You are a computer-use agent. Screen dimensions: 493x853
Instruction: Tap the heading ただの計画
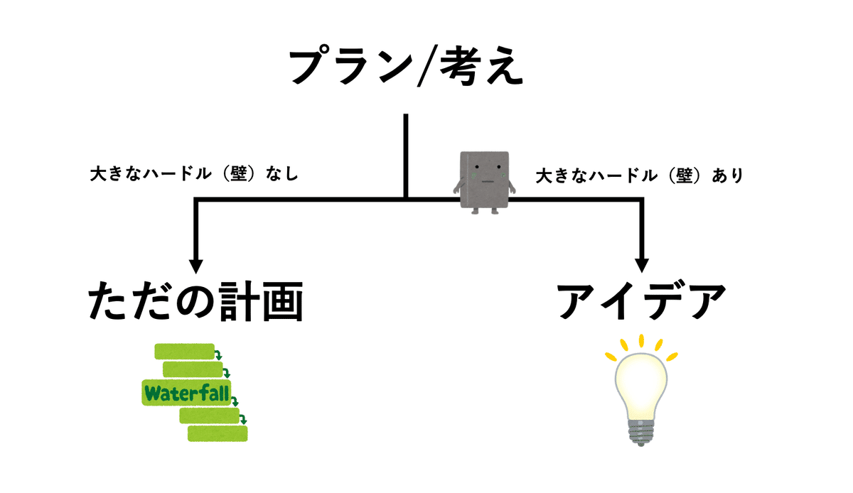tap(196, 303)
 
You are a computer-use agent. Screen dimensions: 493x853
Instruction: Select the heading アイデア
tap(641, 303)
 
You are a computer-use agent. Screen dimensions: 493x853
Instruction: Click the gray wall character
tap(484, 180)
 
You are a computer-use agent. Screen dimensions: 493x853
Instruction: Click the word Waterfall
tap(188, 392)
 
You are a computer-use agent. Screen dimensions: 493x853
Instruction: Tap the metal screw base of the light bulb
tap(641, 430)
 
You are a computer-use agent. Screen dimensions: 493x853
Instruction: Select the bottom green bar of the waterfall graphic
tap(218, 433)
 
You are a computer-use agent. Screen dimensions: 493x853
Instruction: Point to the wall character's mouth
tap(487, 180)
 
